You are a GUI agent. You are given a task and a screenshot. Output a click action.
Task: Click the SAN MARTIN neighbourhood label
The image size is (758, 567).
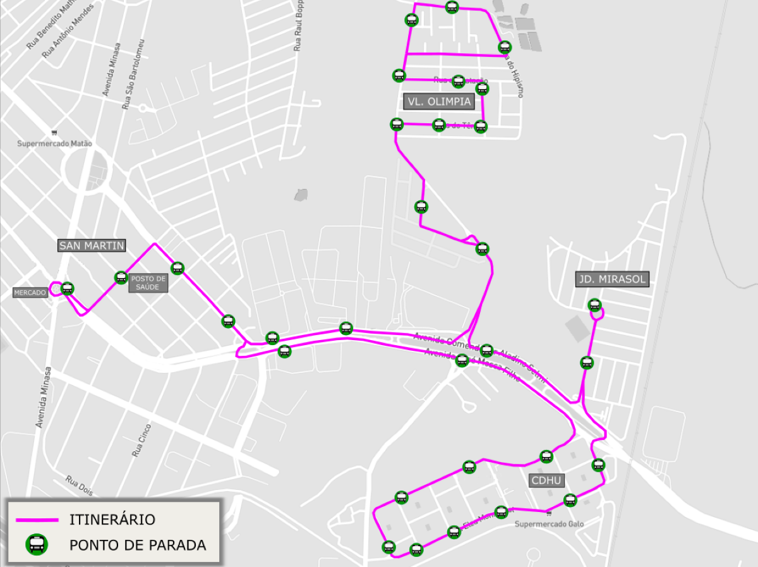coord(92,245)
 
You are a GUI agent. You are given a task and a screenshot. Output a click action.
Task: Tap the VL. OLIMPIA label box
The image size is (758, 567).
coord(438,101)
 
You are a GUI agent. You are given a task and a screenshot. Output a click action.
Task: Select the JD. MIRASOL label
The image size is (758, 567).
coord(612,279)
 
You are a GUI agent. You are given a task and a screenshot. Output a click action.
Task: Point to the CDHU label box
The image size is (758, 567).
coord(546,480)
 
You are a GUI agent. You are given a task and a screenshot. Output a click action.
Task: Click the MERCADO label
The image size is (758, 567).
coord(30,293)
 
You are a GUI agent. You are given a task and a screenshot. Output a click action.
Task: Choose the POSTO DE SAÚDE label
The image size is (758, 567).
coord(149,283)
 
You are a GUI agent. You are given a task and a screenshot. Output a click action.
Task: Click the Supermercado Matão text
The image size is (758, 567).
coord(54,143)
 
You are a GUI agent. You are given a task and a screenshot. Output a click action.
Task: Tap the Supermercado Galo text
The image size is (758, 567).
coord(549,524)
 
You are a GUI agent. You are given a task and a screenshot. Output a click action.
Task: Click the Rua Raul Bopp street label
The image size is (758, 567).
coord(299,26)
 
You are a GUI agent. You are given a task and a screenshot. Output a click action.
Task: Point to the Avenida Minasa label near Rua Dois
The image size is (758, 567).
coord(44,396)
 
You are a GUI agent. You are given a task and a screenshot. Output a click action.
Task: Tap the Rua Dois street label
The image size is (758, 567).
coord(79,485)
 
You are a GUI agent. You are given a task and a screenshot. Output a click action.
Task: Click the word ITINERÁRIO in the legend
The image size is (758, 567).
coord(112,520)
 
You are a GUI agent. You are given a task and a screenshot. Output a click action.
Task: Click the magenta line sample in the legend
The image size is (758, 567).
coord(37,520)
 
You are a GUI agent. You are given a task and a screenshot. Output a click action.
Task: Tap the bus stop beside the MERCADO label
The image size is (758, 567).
coord(68,289)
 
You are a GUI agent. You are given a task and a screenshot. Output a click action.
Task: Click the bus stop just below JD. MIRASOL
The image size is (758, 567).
coord(594,305)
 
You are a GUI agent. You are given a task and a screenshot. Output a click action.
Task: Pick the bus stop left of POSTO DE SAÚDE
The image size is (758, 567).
coord(121,277)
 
